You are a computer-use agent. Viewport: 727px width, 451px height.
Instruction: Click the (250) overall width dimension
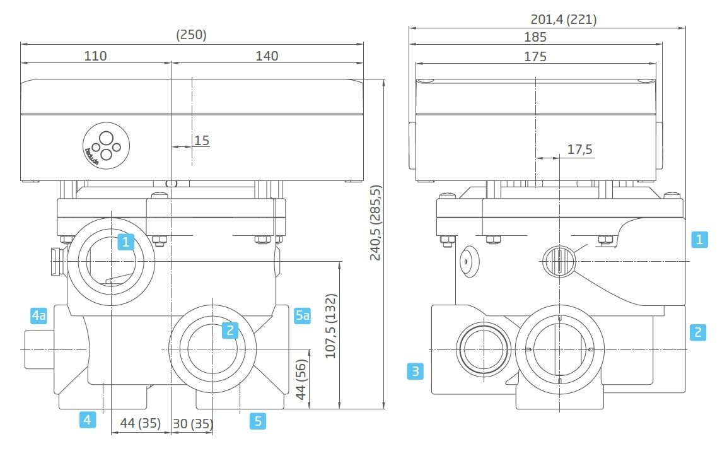tap(191, 35)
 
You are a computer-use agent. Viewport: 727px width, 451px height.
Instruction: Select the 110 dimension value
tap(95, 56)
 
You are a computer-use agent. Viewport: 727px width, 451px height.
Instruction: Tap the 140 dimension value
tap(267, 56)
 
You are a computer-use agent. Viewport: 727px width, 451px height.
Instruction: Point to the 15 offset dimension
tap(202, 140)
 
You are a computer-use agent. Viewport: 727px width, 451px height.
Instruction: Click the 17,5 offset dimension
tap(579, 149)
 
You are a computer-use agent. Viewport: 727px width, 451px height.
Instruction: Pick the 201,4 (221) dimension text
tap(564, 20)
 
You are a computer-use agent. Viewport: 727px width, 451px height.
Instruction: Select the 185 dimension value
tap(535, 37)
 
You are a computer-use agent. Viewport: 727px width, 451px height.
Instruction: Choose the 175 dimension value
tap(535, 57)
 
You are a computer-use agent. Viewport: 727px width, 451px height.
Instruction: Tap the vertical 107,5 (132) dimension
tap(330, 326)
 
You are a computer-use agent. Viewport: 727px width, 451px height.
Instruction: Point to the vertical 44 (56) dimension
tap(301, 380)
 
